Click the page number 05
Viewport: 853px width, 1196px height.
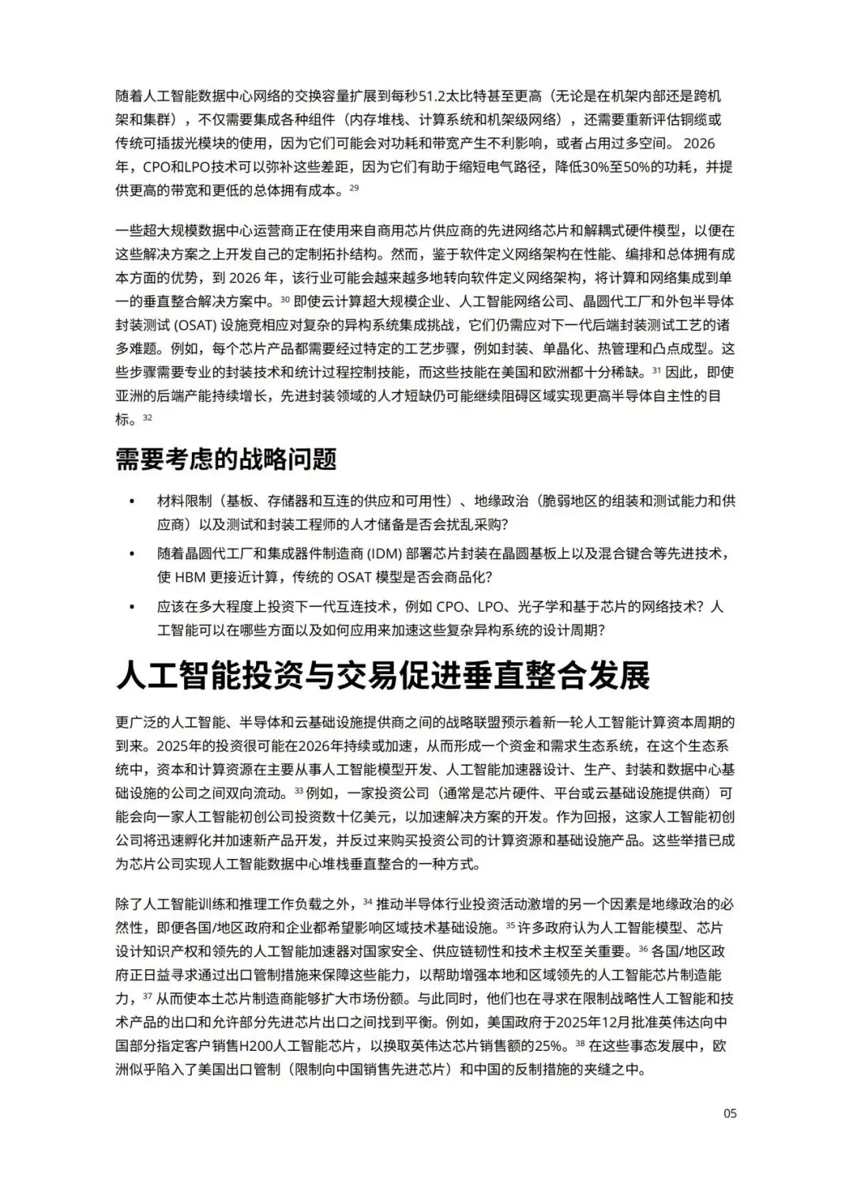[x=730, y=1113]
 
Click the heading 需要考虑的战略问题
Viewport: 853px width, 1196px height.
[x=226, y=459]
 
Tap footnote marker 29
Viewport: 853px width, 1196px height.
[x=354, y=187]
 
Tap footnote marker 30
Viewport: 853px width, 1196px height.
[x=286, y=299]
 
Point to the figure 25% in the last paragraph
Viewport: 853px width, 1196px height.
[x=550, y=1046]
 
